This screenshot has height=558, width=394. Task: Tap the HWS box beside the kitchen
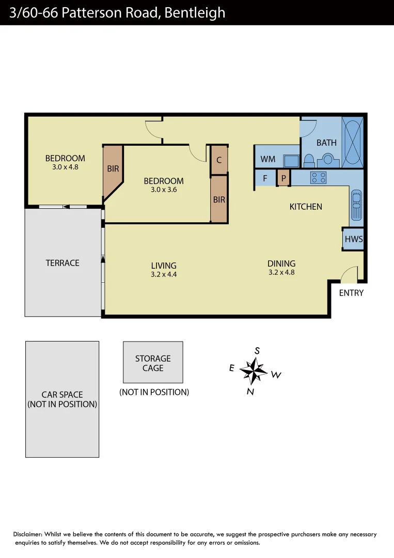click(354, 239)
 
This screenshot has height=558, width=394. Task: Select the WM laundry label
click(267, 159)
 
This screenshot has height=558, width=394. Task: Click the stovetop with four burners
click(318, 178)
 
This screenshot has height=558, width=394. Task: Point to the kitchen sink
click(356, 206)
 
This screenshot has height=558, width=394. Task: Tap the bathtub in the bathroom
click(353, 142)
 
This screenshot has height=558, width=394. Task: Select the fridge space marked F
click(265, 178)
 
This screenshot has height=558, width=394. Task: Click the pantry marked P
click(283, 178)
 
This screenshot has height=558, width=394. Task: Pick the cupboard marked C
click(219, 160)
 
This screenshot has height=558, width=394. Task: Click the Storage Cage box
click(153, 362)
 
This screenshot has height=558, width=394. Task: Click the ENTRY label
click(351, 293)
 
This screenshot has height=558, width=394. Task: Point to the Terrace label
click(62, 263)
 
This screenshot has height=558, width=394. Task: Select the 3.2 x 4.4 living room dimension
click(164, 275)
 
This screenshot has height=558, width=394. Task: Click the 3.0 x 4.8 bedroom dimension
click(65, 167)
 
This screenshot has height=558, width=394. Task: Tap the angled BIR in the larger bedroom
click(113, 169)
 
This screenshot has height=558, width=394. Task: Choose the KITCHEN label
click(306, 207)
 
